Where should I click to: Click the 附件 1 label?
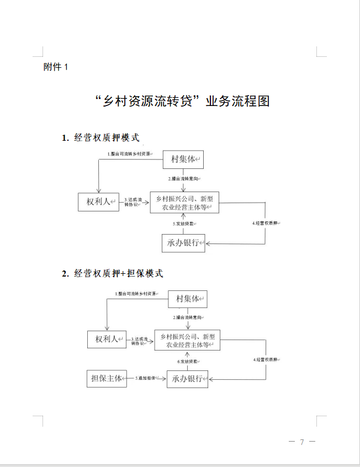coord(56,67)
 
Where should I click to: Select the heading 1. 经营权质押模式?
coord(100,137)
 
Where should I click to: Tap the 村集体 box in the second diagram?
coord(188,299)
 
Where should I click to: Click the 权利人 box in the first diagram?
coord(99,203)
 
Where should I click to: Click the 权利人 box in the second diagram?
coord(107,339)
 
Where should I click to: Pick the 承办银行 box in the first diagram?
coord(183,242)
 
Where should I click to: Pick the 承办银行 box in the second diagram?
coord(188,379)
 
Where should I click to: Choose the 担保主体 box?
coord(107,378)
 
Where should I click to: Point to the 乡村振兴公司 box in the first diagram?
coord(184,203)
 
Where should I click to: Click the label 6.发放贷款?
coord(188,361)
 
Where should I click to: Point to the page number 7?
coord(302,442)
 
